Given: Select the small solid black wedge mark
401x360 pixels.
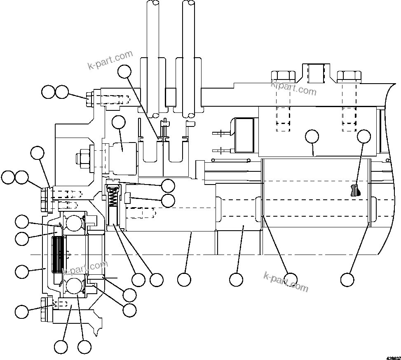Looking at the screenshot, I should [355, 190].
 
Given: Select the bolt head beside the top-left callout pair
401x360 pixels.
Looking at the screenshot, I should [90, 99].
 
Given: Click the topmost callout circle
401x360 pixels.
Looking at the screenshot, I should [124, 72].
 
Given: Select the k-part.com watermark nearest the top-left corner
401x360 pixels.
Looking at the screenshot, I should [110, 60].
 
